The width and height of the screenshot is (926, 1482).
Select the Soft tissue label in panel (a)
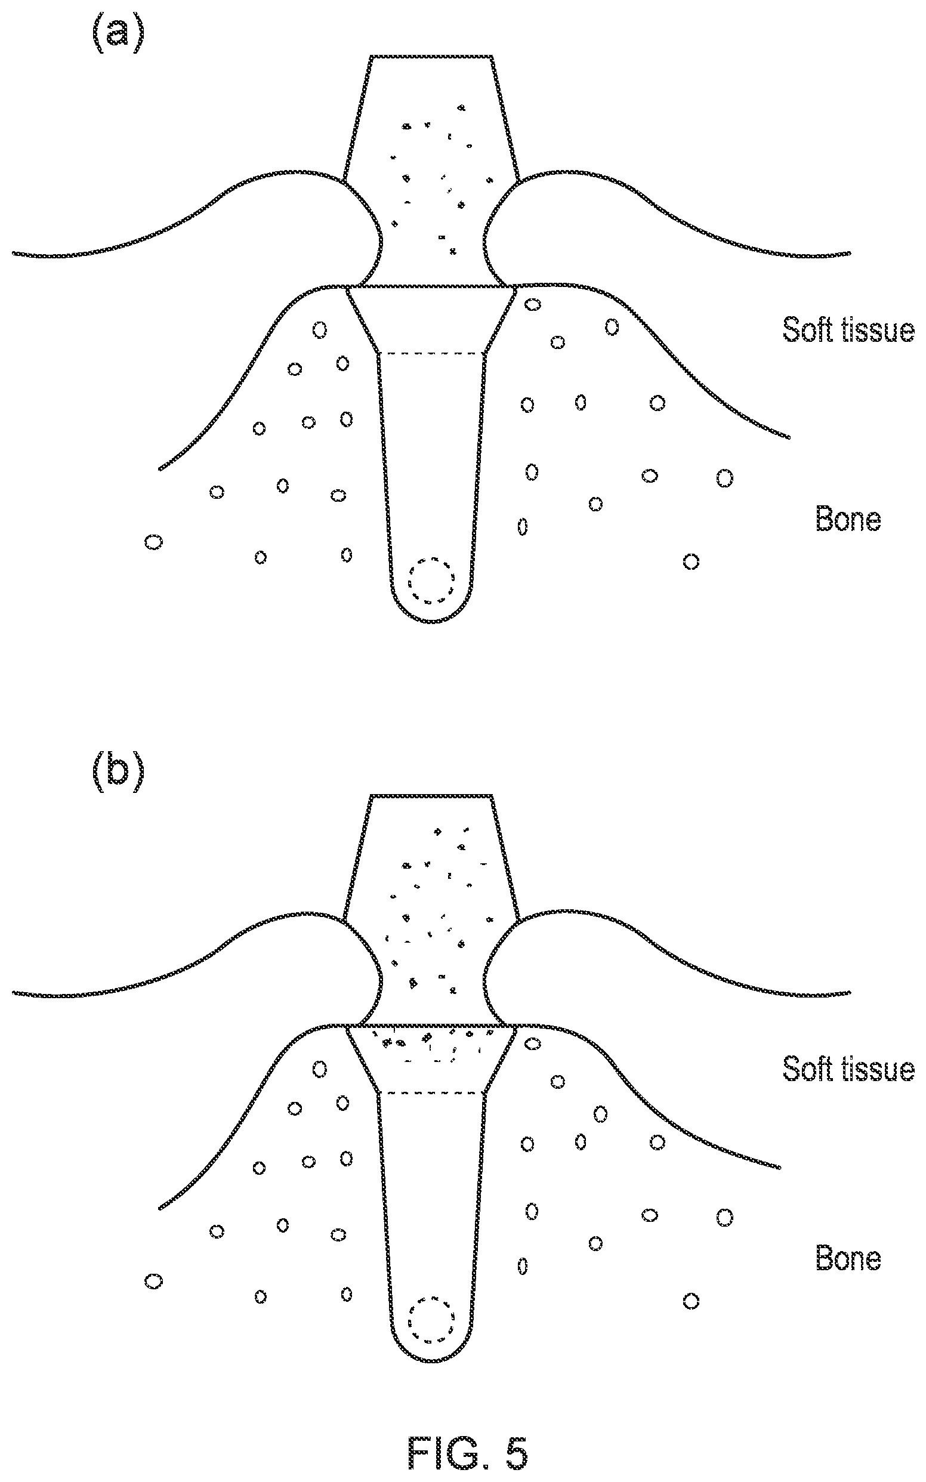tap(848, 330)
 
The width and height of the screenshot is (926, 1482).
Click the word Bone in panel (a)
tap(848, 519)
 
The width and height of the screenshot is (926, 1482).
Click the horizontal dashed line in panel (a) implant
tap(433, 353)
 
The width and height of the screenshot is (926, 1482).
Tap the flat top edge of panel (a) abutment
tap(432, 57)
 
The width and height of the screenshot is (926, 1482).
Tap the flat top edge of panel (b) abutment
tap(432, 795)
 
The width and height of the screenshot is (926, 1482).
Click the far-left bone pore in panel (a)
tap(154, 542)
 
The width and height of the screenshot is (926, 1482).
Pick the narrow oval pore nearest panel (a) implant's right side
tap(523, 526)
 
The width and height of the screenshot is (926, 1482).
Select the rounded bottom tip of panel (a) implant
tap(433, 622)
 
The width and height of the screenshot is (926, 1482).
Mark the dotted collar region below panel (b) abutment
tap(433, 1046)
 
